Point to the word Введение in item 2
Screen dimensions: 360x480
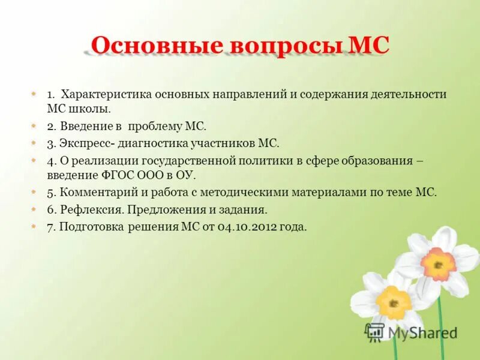click(x=84, y=127)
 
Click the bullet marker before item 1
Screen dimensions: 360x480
click(x=34, y=95)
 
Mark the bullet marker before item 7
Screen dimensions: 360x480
click(x=34, y=227)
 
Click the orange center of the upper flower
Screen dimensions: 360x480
click(x=439, y=264)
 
